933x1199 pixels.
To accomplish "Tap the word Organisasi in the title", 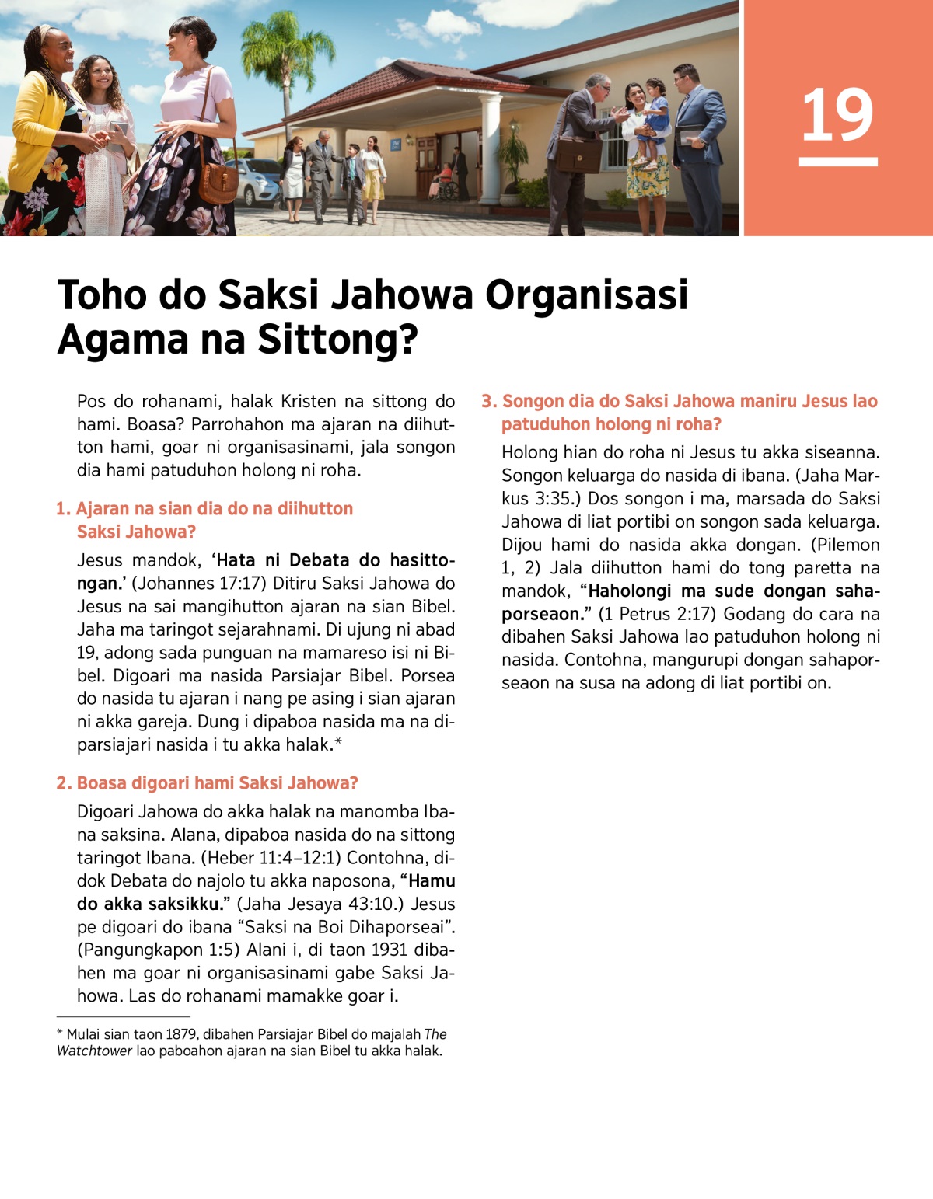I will tap(587, 295).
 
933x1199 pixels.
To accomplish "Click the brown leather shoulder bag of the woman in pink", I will tap(218, 180).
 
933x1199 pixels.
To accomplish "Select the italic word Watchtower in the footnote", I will tap(93, 1051).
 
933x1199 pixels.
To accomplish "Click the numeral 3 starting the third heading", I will tap(487, 401).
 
